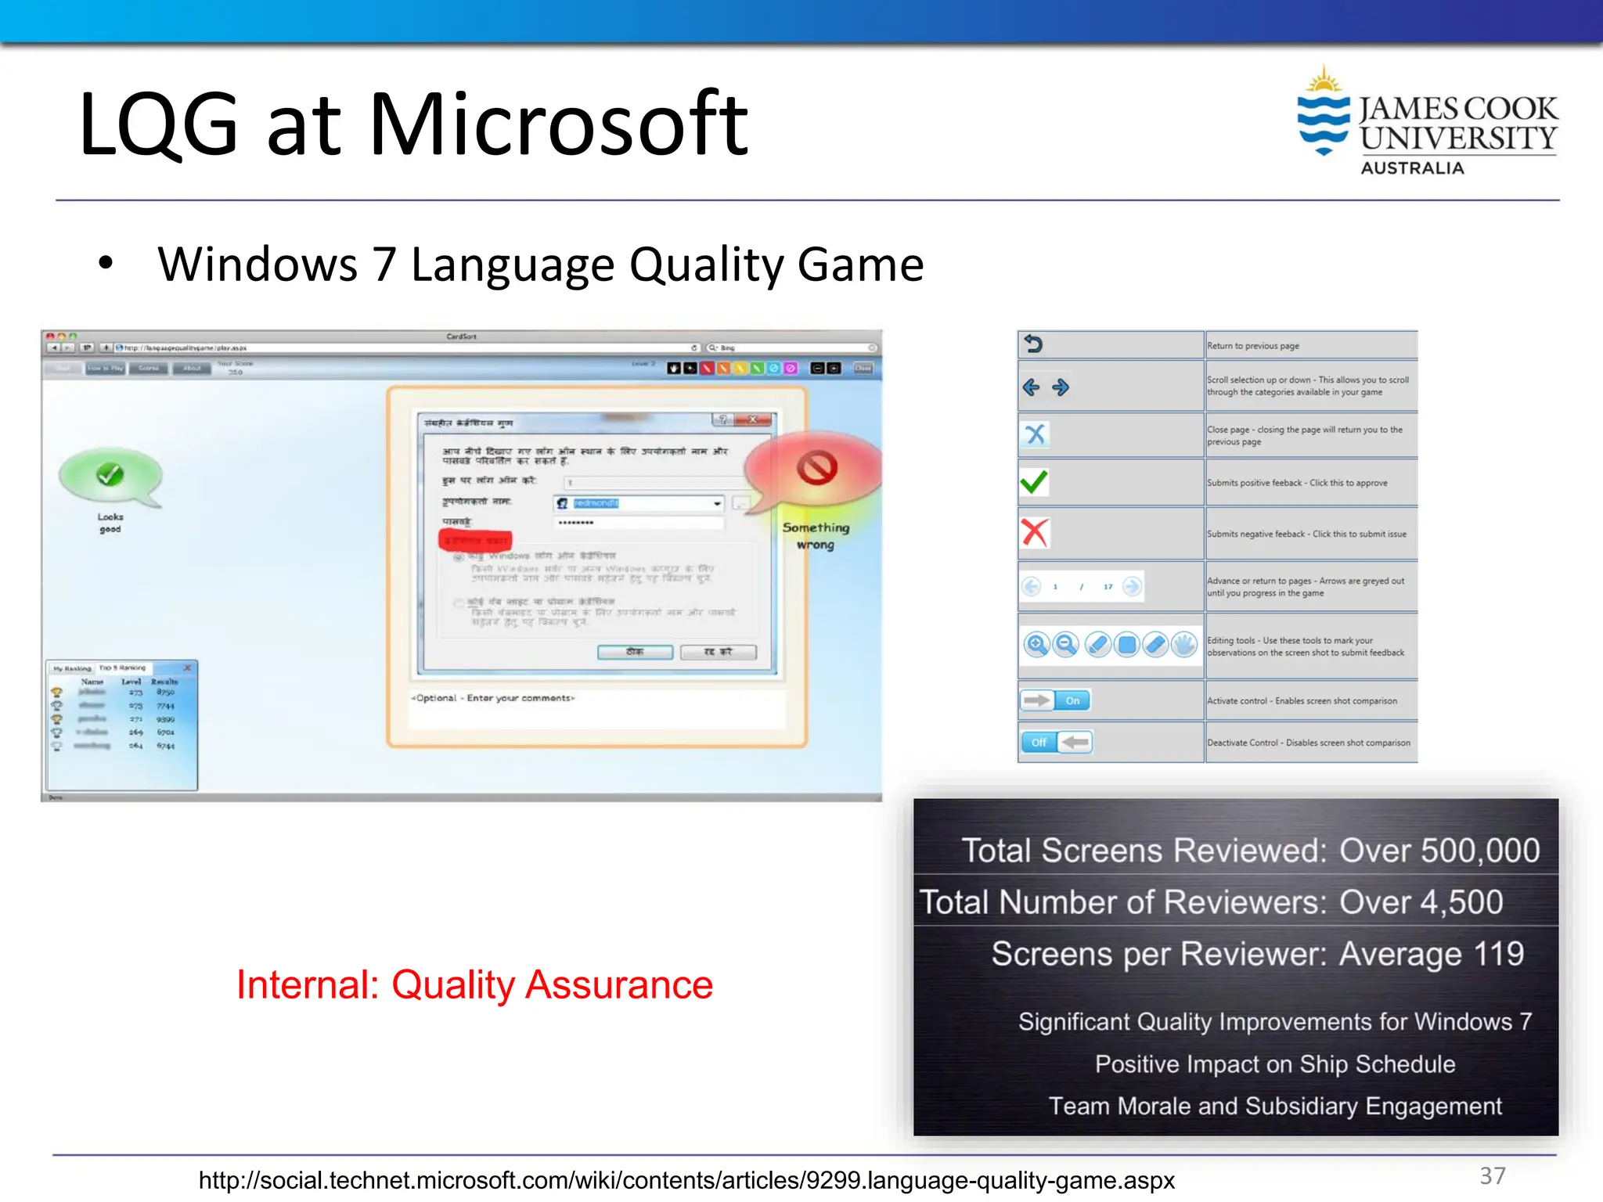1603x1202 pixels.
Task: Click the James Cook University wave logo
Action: pyautogui.click(x=1324, y=117)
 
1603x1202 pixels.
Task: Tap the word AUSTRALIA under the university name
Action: pyautogui.click(x=1412, y=168)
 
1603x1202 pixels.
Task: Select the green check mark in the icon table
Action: pyautogui.click(x=1033, y=482)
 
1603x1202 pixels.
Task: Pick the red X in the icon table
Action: pyautogui.click(x=1034, y=533)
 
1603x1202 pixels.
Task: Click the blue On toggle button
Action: pyautogui.click(x=1072, y=700)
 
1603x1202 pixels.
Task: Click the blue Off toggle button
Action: pyautogui.click(x=1039, y=742)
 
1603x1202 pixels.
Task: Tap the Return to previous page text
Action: pyautogui.click(x=1252, y=346)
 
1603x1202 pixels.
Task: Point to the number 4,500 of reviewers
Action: pyautogui.click(x=1461, y=902)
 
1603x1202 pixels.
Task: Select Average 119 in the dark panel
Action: pyautogui.click(x=1431, y=954)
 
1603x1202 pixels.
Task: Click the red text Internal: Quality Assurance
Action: pyautogui.click(x=474, y=984)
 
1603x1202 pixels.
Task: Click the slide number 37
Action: pyautogui.click(x=1492, y=1175)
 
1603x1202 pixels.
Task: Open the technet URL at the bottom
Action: pyautogui.click(x=686, y=1180)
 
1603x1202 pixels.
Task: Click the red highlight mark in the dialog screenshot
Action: pyautogui.click(x=475, y=540)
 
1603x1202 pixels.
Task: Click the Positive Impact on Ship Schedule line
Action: pyautogui.click(x=1274, y=1064)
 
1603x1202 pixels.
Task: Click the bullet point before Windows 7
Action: pyautogui.click(x=106, y=264)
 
